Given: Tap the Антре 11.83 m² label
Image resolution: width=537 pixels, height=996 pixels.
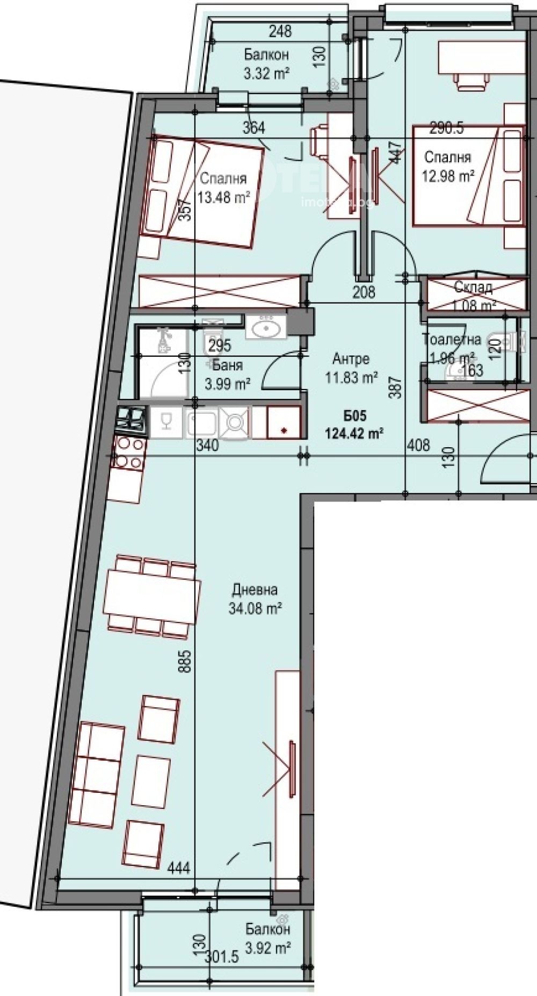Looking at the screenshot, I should coord(351,368).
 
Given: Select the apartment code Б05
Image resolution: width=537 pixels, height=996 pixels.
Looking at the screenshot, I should coord(354,415).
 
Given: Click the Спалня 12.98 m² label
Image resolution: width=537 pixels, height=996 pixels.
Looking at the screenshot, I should coord(448,166).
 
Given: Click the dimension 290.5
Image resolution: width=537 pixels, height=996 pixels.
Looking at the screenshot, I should coord(447,129).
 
